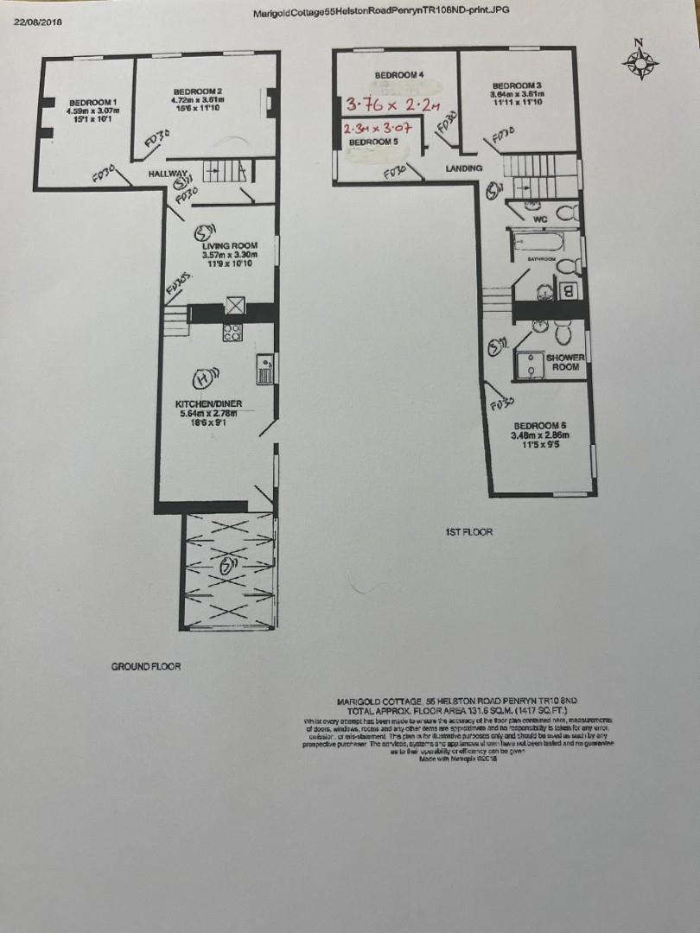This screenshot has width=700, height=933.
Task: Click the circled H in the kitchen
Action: (202, 378)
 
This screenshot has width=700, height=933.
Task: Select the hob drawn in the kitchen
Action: (233, 332)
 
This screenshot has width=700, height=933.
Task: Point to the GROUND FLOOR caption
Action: (146, 666)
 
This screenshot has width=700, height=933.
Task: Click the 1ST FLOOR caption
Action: (467, 532)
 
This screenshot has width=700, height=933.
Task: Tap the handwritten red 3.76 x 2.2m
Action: (393, 105)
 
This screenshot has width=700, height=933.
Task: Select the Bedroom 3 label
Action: (517, 85)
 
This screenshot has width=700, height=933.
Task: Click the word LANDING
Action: (464, 168)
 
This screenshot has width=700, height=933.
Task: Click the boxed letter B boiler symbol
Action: (569, 291)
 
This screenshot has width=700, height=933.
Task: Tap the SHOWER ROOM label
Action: (565, 362)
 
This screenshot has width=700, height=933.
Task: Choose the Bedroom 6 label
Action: (539, 425)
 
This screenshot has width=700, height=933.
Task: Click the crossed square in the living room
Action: (235, 306)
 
